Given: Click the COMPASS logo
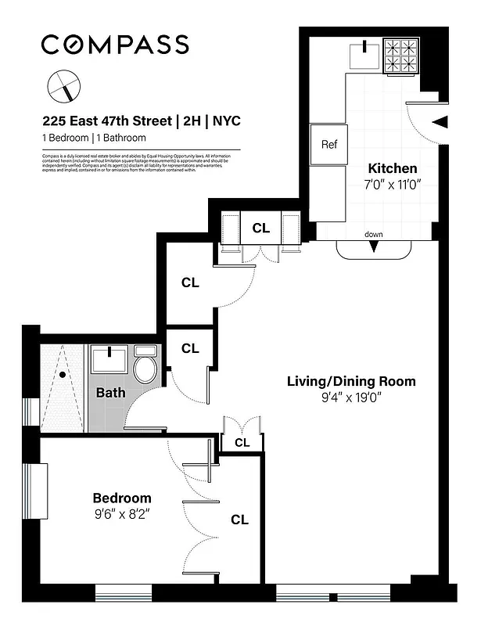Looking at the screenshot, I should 114,45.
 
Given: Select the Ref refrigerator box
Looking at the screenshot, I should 328,145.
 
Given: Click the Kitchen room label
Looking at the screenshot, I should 393,168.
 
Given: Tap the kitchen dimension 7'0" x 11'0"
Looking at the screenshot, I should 393,185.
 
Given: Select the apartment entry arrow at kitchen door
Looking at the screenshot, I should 440,121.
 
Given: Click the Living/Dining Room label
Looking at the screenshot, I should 351,382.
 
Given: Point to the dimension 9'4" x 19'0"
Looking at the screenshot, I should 351,398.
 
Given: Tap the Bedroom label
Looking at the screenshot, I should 122,498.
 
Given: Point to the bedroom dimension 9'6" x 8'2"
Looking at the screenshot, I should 121,515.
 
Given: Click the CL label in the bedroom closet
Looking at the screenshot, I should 240,520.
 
